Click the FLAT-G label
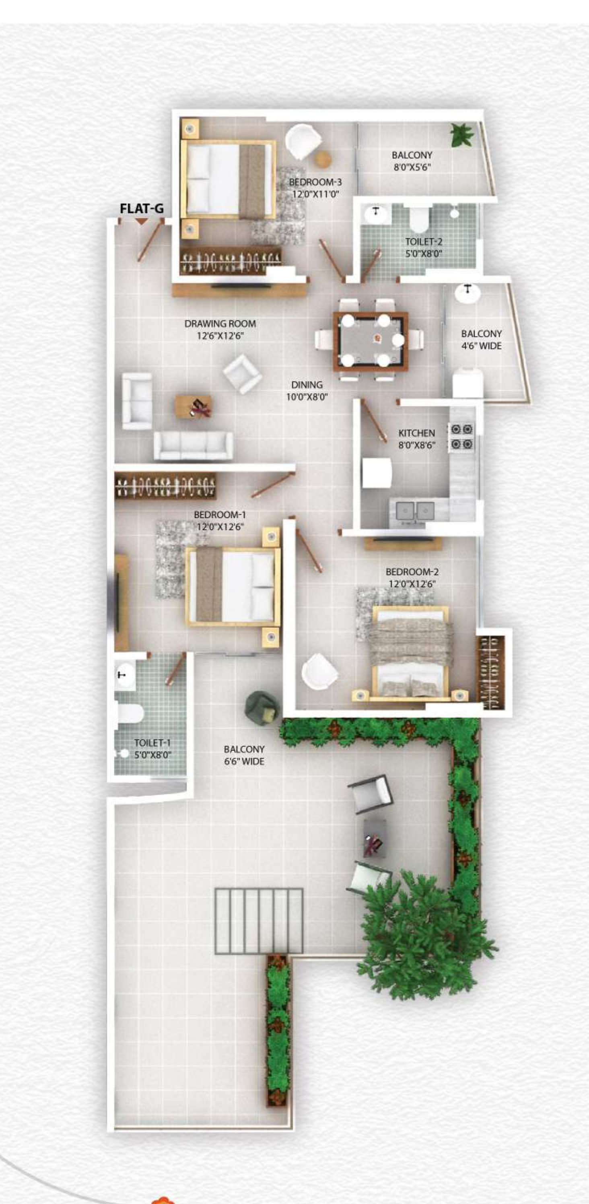(142, 208)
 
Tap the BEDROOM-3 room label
(315, 182)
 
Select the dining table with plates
(371, 341)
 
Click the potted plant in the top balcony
(462, 135)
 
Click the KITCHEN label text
(416, 433)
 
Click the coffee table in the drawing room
(193, 406)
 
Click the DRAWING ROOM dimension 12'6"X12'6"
(220, 336)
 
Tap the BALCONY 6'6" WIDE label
(244, 755)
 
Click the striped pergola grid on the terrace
(259, 921)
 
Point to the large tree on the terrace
(421, 940)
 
